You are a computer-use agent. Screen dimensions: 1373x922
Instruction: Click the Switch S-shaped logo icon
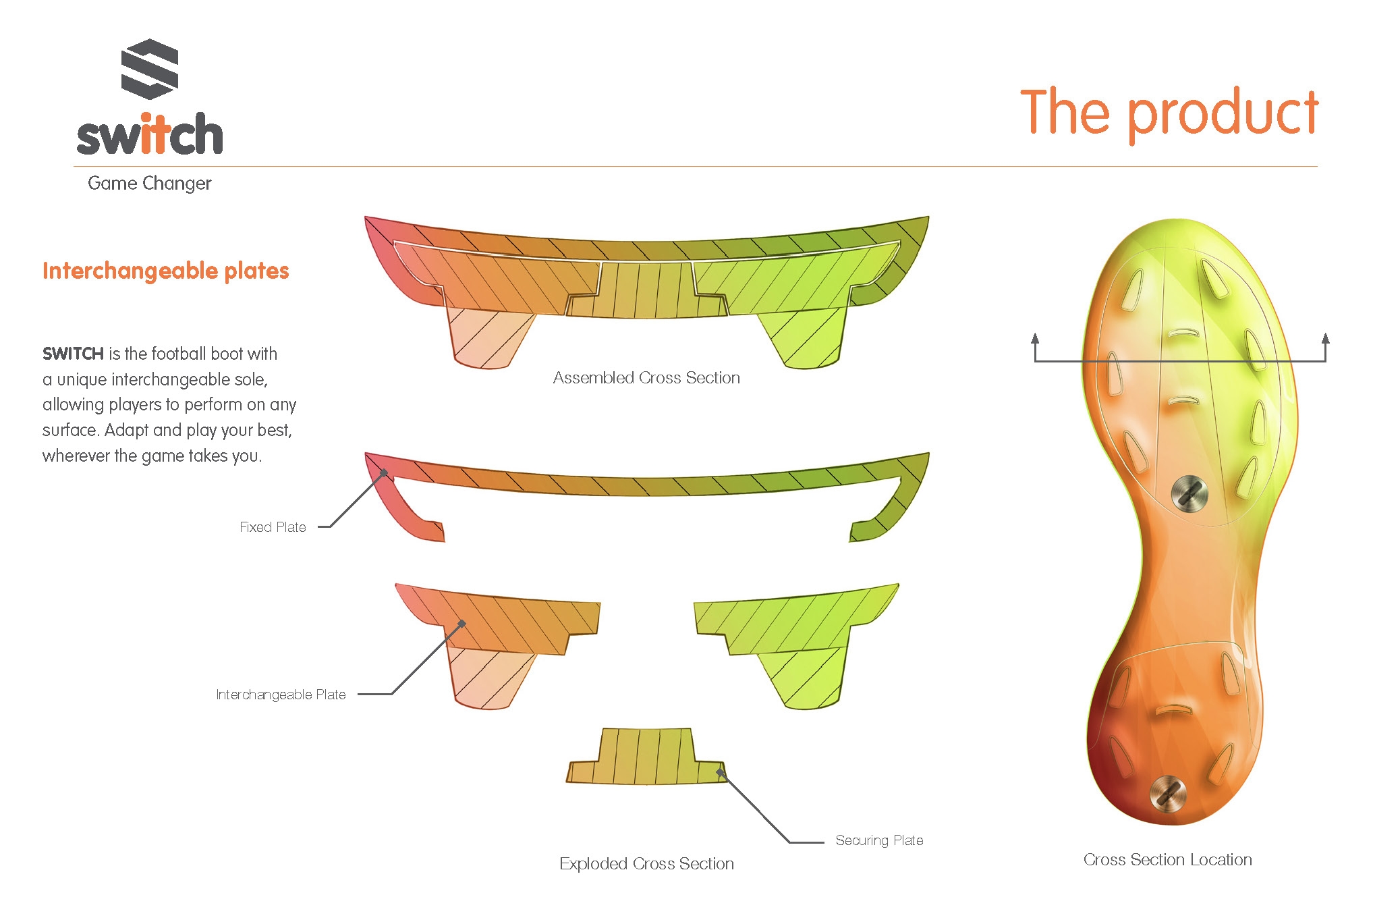click(150, 69)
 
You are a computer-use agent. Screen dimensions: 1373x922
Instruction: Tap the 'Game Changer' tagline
click(150, 184)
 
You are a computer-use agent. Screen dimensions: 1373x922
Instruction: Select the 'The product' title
click(1169, 113)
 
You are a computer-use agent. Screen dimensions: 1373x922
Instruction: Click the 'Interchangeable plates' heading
click(166, 271)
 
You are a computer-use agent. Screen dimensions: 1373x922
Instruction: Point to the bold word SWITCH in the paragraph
click(73, 354)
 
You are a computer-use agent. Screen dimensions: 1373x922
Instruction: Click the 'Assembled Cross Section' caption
click(646, 378)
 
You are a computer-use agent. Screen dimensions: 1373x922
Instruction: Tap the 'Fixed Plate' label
click(273, 527)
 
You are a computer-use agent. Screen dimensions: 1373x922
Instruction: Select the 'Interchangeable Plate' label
click(281, 695)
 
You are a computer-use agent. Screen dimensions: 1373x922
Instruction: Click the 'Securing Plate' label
click(879, 840)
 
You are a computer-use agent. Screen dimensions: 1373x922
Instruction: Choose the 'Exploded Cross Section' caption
click(646, 864)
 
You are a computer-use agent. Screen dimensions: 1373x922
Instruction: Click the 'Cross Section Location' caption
click(1168, 860)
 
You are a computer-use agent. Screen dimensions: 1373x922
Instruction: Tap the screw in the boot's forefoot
click(1189, 493)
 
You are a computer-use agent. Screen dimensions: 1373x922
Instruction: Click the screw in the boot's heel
click(1168, 793)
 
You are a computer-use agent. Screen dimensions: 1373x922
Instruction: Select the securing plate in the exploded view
click(646, 756)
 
